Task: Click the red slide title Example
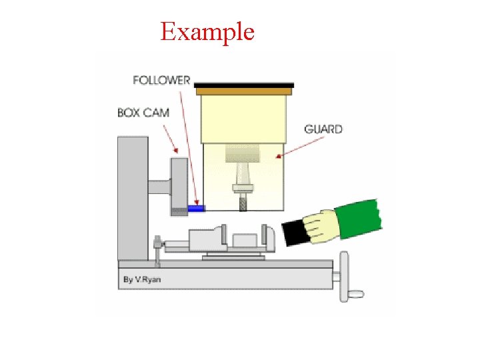207,31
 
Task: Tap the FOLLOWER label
161,80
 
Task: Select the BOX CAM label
143,113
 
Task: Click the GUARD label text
323,129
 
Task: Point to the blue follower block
195,209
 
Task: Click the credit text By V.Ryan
142,280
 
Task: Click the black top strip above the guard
244,85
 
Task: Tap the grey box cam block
179,185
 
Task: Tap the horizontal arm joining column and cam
159,188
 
